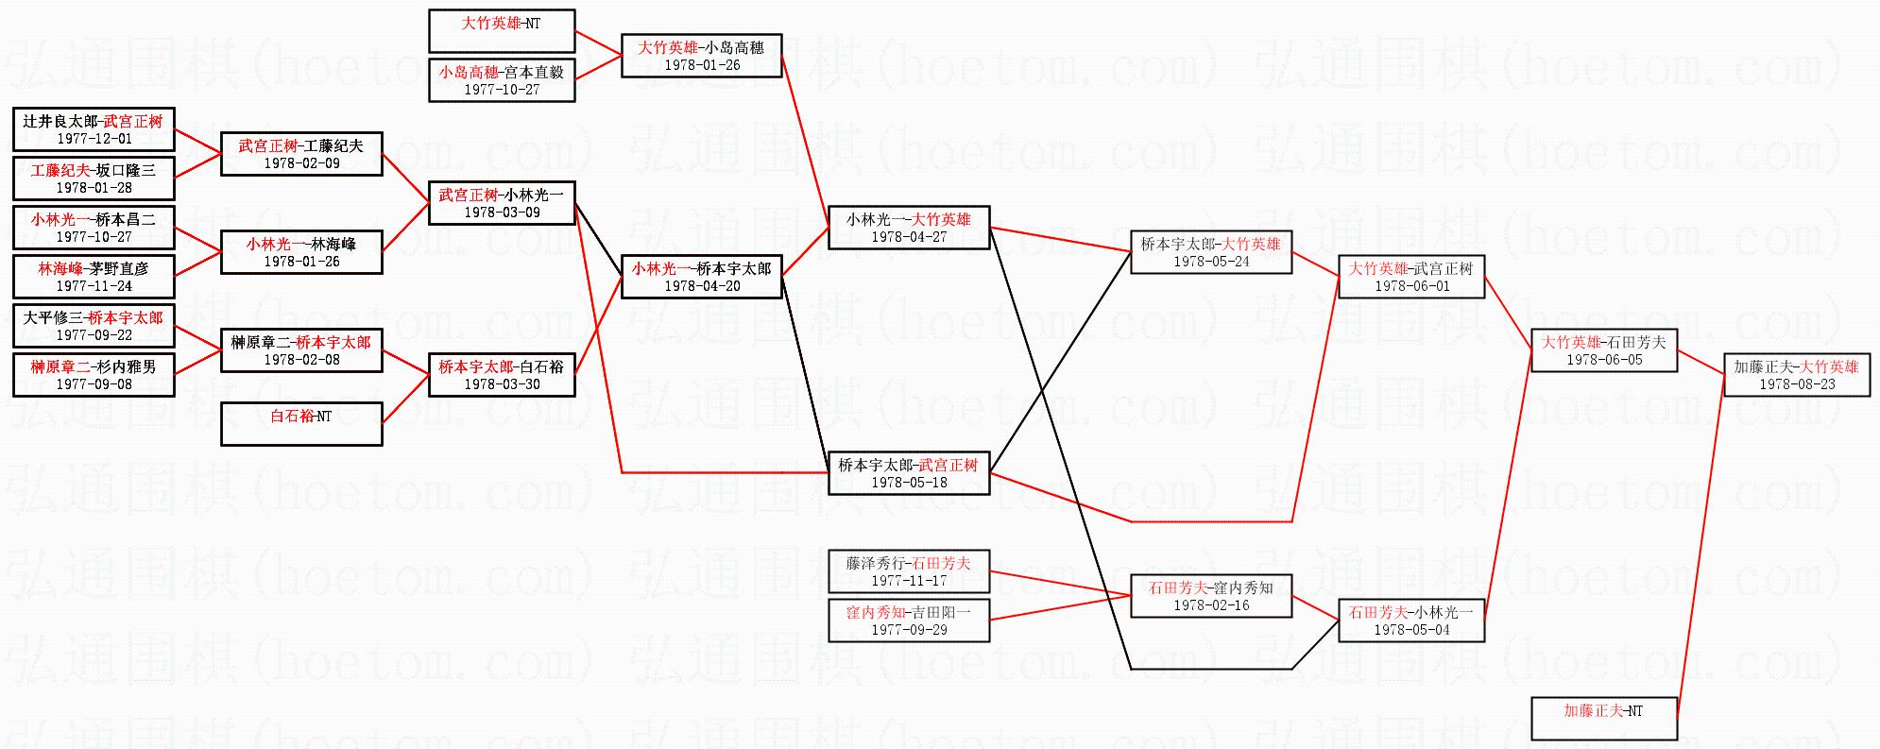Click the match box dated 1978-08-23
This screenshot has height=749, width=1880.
[1796, 375]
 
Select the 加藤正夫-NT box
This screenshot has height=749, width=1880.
[1603, 719]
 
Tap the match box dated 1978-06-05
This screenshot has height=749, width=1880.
[1603, 350]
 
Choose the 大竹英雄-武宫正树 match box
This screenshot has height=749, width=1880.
[1410, 277]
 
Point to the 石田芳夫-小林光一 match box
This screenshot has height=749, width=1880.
[1410, 621]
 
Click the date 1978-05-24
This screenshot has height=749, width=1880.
[1211, 262]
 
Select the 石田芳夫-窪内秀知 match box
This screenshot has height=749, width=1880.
[1211, 596]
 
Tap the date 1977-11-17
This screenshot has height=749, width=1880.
[909, 581]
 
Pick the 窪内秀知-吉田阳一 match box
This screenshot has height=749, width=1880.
[909, 621]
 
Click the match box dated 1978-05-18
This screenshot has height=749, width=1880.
[909, 473]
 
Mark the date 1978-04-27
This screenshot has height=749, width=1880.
[909, 237]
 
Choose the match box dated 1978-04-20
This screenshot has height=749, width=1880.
[702, 277]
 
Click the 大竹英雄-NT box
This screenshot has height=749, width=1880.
[502, 31]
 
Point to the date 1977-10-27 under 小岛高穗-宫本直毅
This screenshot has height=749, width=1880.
[502, 90]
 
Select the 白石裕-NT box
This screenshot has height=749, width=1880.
[301, 424]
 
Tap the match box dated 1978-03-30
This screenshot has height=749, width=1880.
[502, 375]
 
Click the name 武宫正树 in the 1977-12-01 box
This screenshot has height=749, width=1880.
[133, 122]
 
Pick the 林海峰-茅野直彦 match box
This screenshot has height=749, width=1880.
[94, 277]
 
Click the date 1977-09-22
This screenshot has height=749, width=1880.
[94, 335]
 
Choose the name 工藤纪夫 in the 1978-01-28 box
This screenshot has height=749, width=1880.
[60, 171]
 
